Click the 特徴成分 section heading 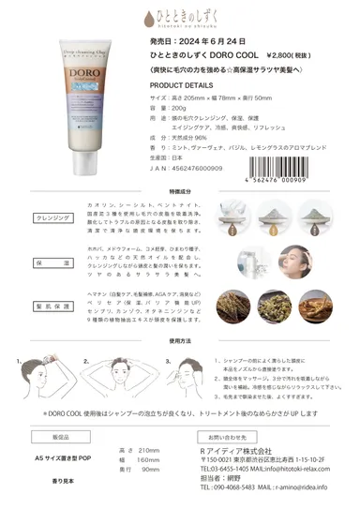coord(179,191)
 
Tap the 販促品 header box coord(61,437)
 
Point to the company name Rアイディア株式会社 coord(238,453)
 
